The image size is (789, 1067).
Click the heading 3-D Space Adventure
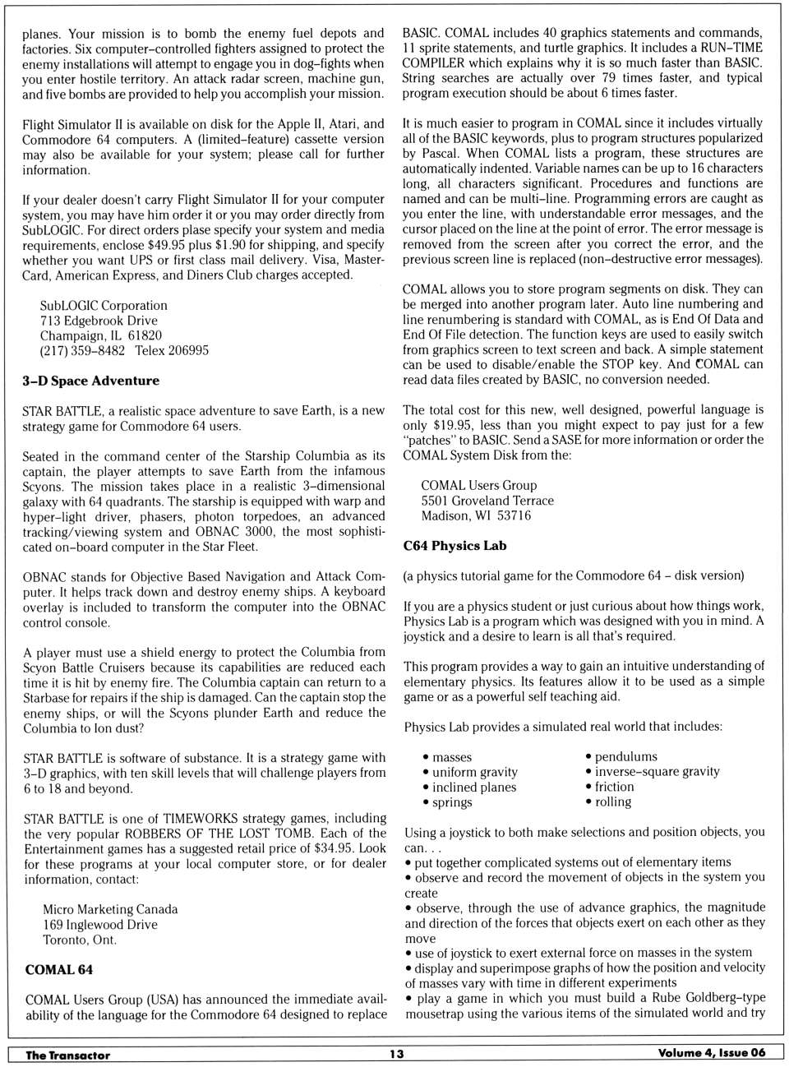[x=90, y=381]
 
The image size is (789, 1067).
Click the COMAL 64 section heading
[x=58, y=970]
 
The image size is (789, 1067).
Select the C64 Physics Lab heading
[x=454, y=546]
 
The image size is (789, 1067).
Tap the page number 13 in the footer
[x=397, y=1054]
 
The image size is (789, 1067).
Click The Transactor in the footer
[x=67, y=1055]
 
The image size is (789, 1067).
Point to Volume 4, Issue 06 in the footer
[x=711, y=1053]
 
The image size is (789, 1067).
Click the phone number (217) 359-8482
[x=82, y=351]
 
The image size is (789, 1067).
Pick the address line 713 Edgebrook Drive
[x=99, y=321]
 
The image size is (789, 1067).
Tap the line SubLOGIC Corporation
[x=104, y=305]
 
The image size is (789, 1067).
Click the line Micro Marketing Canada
[x=110, y=909]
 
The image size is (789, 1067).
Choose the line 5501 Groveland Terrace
[x=487, y=501]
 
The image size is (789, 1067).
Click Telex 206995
[x=172, y=351]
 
